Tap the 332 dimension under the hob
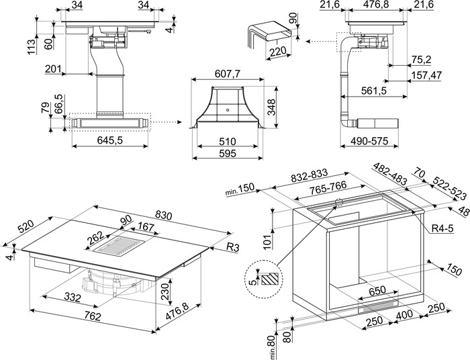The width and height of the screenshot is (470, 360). coord(73,297)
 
